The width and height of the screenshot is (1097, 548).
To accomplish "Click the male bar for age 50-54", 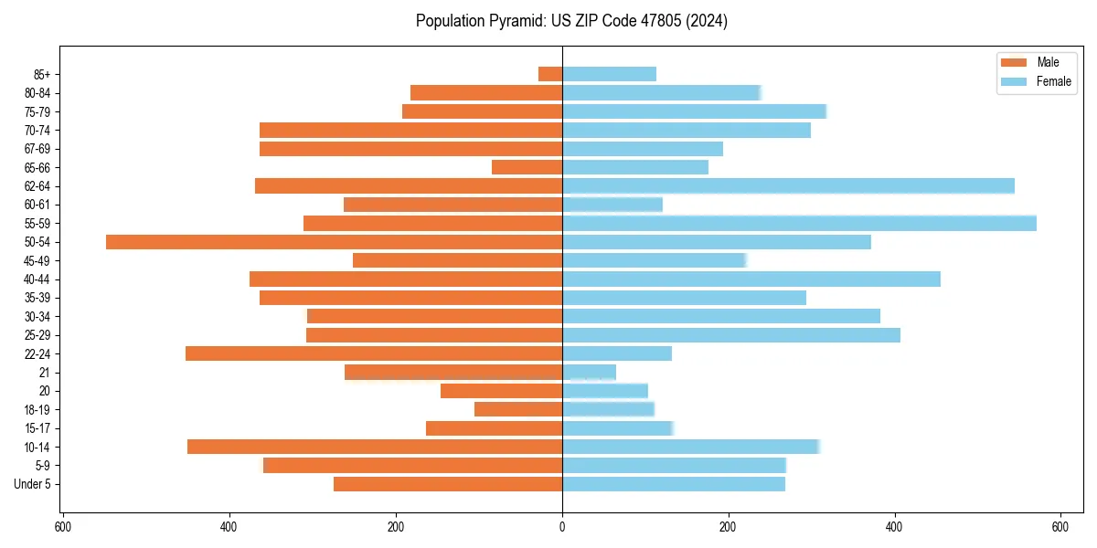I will pyautogui.click(x=334, y=242).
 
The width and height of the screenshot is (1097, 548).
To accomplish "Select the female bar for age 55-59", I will pyautogui.click(x=799, y=223).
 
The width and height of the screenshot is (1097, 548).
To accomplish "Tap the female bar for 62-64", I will pyautogui.click(x=788, y=186).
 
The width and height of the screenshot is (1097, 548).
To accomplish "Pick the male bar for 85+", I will pyautogui.click(x=550, y=74).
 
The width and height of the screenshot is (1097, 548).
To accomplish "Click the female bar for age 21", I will pyautogui.click(x=589, y=373).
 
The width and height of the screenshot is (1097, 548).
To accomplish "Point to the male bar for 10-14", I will pyautogui.click(x=375, y=447).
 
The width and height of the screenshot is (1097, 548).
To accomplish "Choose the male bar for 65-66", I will pyautogui.click(x=527, y=167).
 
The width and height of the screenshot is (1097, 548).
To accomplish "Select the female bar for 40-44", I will pyautogui.click(x=751, y=279).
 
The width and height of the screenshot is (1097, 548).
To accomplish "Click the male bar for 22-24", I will pyautogui.click(x=374, y=353).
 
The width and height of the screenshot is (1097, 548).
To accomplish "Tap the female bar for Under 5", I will pyautogui.click(x=673, y=484).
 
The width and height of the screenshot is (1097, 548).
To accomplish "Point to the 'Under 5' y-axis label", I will pyautogui.click(x=32, y=484).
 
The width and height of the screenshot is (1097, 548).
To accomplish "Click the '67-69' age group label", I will pyautogui.click(x=37, y=149).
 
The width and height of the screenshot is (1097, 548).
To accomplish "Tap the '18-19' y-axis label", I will pyautogui.click(x=37, y=410).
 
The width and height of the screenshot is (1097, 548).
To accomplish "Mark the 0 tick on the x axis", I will pyautogui.click(x=562, y=527).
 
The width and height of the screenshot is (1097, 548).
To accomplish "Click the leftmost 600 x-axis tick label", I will pyautogui.click(x=63, y=527).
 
